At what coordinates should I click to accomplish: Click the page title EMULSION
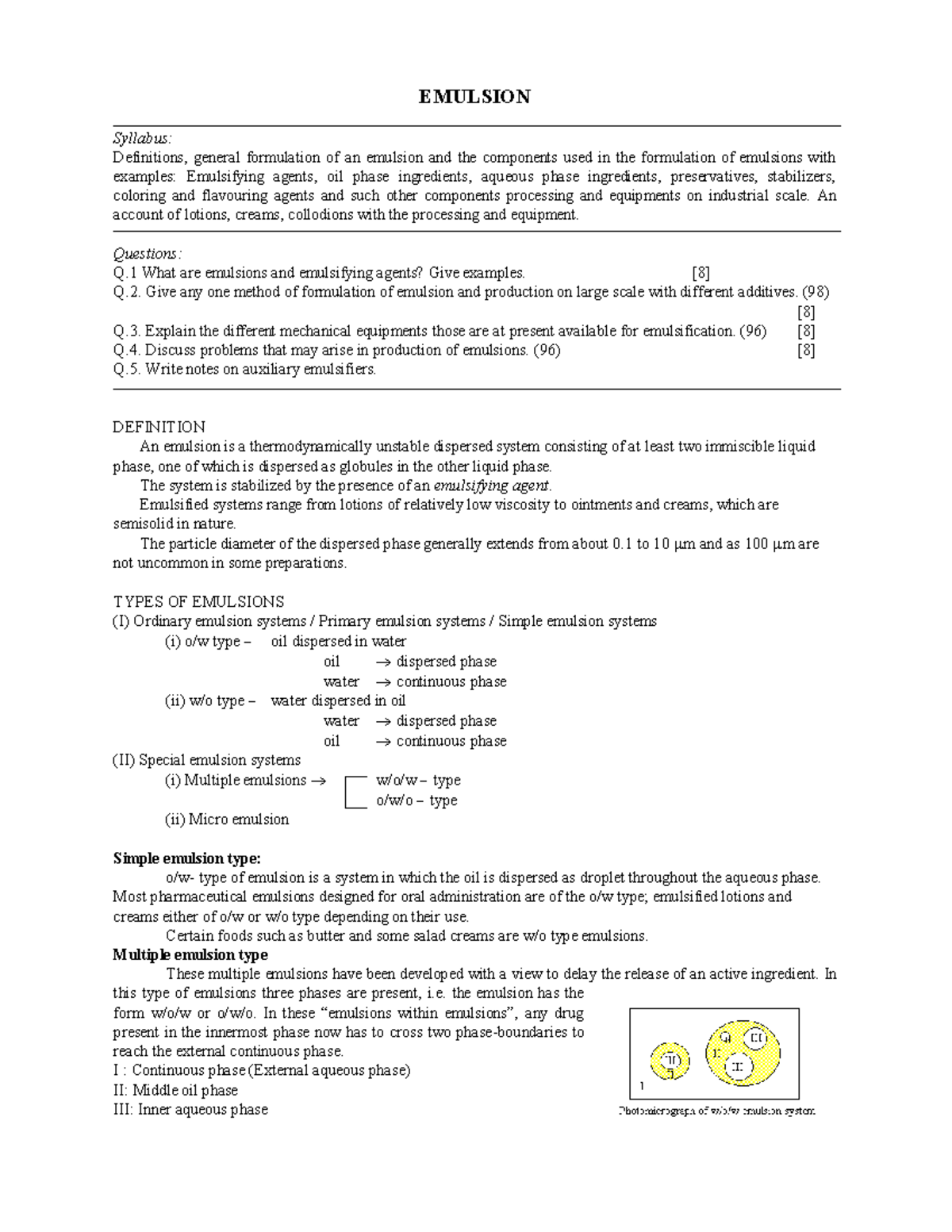(x=474, y=97)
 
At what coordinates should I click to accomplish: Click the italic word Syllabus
(x=141, y=139)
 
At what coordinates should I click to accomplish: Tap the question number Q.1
(x=125, y=273)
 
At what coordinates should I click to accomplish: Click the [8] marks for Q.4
(x=805, y=351)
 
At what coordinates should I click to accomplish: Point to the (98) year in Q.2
(x=816, y=292)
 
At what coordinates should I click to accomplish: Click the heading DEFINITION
(x=159, y=428)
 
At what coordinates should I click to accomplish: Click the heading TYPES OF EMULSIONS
(x=198, y=602)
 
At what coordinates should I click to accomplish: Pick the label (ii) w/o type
(x=209, y=701)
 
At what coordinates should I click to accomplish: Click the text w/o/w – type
(x=418, y=781)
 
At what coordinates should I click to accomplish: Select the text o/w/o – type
(x=416, y=801)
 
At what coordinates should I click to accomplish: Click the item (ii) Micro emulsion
(x=227, y=819)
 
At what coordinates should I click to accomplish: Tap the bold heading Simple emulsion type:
(x=186, y=858)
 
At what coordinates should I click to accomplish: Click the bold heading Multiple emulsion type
(x=190, y=955)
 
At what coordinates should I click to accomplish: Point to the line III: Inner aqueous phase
(x=190, y=1110)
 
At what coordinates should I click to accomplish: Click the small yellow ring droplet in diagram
(x=670, y=1061)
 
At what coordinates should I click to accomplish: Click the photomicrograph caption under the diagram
(x=716, y=1111)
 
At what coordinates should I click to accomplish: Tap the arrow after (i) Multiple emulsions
(x=317, y=781)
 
